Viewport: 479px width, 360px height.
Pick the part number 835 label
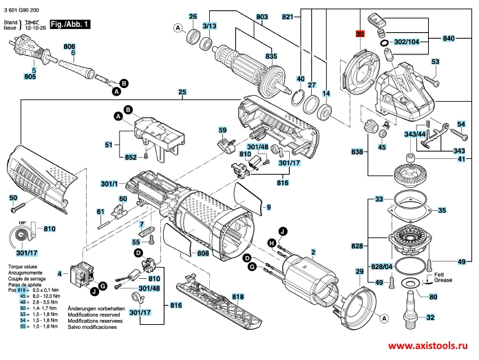click(x=272, y=56)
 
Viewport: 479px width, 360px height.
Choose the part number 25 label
click(x=182, y=92)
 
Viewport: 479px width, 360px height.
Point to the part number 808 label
click(x=203, y=253)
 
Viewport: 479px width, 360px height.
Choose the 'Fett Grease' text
click(x=443, y=279)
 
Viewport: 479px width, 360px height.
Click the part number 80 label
click(x=432, y=297)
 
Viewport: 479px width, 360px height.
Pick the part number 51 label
click(x=108, y=145)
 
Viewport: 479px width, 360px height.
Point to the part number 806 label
click(x=70, y=45)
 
